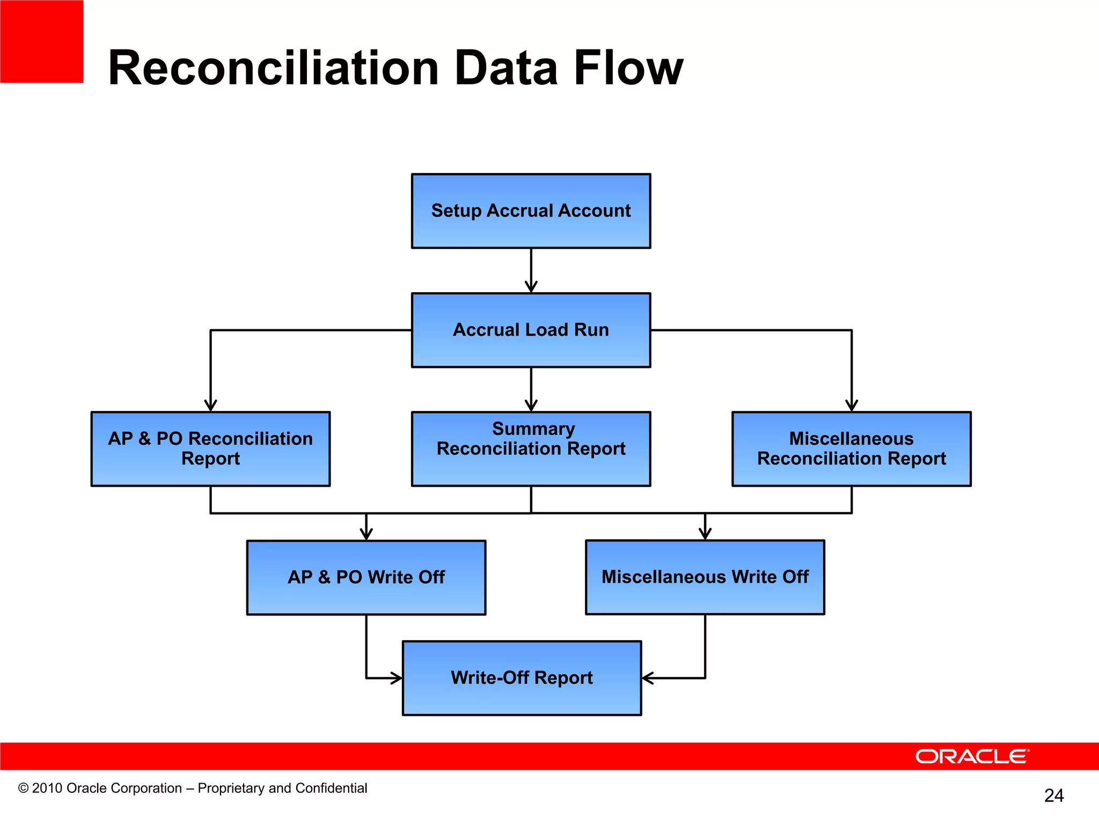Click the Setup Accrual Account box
coord(531,211)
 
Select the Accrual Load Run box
coord(531,330)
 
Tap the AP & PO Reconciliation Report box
coord(210,449)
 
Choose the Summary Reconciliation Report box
coord(531,449)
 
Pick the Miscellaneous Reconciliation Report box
coord(851,449)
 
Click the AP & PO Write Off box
coord(366,577)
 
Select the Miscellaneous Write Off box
coord(705,577)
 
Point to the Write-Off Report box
coord(522,678)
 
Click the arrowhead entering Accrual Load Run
coord(531,287)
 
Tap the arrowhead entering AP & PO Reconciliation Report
coord(210,406)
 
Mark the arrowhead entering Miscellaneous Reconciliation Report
coord(851,406)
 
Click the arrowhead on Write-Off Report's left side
coord(397,678)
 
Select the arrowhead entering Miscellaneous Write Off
coord(705,533)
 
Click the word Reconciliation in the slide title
coord(274,68)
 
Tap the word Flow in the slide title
coord(628,68)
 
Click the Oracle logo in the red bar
coord(972,756)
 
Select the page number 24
coord(1054,795)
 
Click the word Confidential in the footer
coord(331,788)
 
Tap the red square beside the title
coord(41,41)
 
